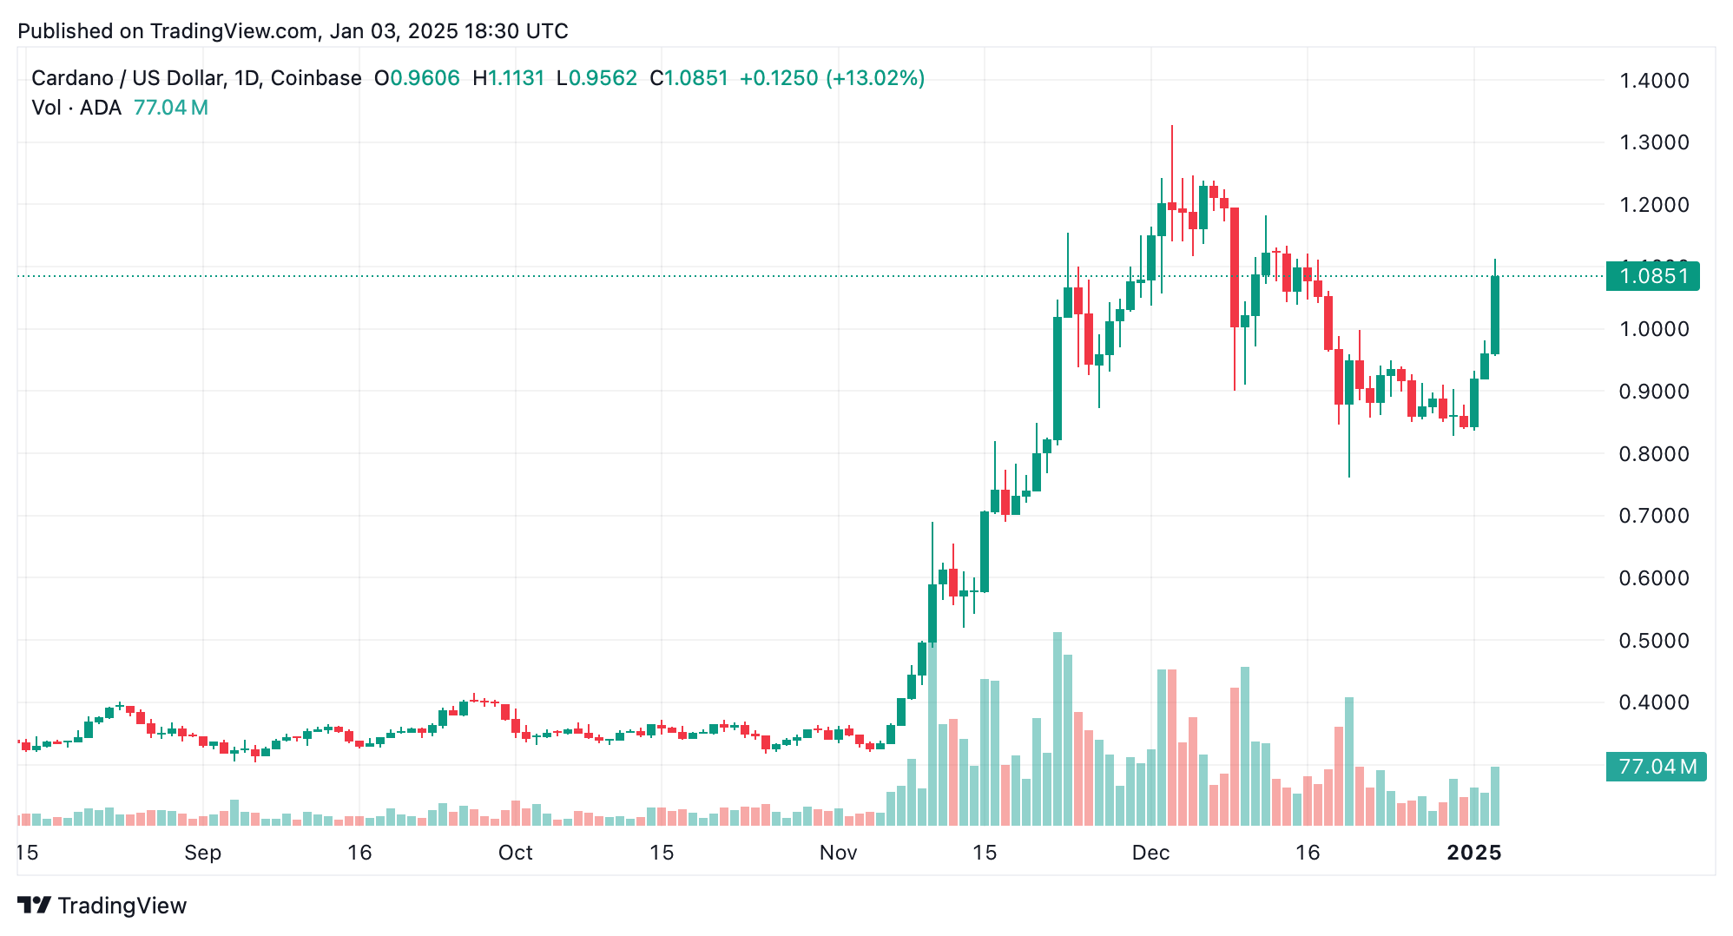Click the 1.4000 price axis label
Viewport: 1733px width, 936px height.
coord(1654,81)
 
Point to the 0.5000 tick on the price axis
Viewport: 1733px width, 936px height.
coord(1654,641)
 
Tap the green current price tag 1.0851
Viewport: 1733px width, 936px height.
coord(1653,276)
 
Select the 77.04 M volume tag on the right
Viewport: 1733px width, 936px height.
coord(1656,767)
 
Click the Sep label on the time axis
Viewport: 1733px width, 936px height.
coord(202,853)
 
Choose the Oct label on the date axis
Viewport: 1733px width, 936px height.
coord(515,853)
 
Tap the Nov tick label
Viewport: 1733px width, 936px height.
coord(838,853)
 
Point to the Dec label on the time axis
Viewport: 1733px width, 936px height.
coord(1150,853)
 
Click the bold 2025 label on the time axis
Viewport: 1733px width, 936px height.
coord(1473,853)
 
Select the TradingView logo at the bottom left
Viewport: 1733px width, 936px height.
coord(102,906)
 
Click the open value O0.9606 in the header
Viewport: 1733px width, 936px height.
coord(417,78)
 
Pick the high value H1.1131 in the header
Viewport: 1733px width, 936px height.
coord(508,78)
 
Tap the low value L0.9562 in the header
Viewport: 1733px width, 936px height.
coord(596,78)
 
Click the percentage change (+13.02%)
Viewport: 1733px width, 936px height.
coord(875,78)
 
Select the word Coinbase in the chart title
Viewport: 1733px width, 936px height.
coord(316,78)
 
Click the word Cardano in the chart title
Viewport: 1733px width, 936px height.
coord(72,78)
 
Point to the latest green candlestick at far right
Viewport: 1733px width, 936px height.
coord(1495,314)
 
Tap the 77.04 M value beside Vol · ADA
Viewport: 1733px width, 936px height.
coord(170,108)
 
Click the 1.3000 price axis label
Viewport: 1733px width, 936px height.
coord(1654,142)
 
